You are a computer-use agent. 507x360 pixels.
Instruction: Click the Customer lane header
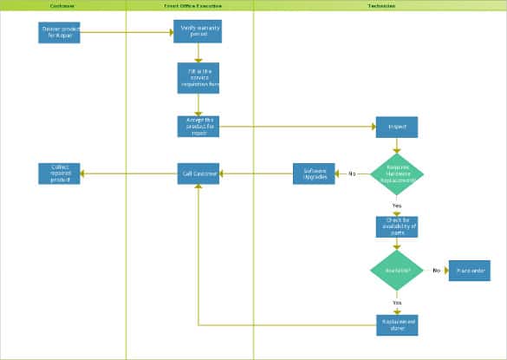point(62,5)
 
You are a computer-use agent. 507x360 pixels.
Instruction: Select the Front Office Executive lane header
point(190,5)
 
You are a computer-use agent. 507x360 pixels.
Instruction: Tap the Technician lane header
point(380,5)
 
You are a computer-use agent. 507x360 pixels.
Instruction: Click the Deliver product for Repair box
point(60,33)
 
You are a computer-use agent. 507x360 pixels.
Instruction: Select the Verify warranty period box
point(198,33)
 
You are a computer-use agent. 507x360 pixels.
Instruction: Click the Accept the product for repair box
point(198,127)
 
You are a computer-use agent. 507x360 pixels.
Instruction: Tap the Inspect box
point(397,127)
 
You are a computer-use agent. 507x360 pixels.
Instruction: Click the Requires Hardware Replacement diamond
point(397,173)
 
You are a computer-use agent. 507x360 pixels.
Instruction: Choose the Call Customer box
point(198,173)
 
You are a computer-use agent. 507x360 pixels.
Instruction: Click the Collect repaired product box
point(60,173)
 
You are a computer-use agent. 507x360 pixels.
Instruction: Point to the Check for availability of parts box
point(397,226)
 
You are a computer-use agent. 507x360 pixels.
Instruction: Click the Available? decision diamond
point(397,271)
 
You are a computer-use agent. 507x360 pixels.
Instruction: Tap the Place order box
point(469,271)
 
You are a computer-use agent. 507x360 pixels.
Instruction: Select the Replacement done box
point(397,324)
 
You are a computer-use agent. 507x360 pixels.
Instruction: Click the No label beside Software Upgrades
point(352,173)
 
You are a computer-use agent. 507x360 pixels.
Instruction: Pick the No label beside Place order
point(436,271)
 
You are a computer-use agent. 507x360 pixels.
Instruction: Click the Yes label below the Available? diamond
point(397,302)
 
